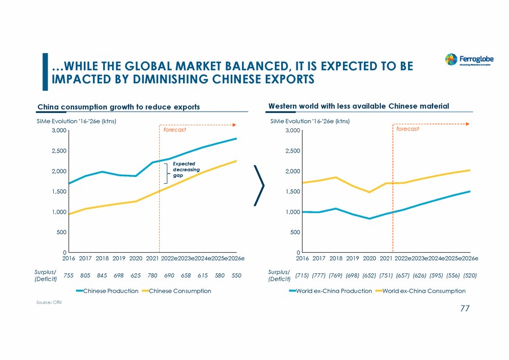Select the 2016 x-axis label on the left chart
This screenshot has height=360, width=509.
pos(69,259)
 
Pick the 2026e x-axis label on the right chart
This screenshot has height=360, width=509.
pos(469,259)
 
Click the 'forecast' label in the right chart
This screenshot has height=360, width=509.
pos(408,129)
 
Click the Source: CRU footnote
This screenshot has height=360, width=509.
pos(49,303)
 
